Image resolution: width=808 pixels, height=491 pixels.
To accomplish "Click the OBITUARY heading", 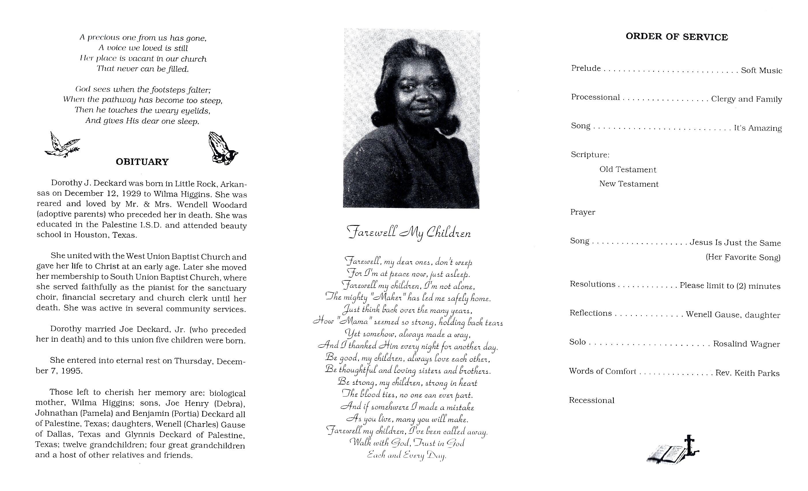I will coord(142,162).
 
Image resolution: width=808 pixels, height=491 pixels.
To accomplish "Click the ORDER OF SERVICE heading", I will coord(676,37).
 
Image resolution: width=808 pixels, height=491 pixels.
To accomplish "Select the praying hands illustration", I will coord(222,149).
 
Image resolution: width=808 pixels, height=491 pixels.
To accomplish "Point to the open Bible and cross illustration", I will coord(672,450).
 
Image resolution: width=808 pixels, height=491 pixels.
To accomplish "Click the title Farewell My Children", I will coord(409,233).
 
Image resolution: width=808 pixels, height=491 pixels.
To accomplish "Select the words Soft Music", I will coord(761,70).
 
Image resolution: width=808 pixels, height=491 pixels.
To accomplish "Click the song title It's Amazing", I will coord(757,128).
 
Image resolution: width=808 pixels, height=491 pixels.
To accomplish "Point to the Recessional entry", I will coord(591,400).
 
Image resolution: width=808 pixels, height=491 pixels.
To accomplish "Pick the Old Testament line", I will coord(628,170).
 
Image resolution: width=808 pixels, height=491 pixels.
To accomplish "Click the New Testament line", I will coord(629,184).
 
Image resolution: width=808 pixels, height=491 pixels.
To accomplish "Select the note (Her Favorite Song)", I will coord(743,257).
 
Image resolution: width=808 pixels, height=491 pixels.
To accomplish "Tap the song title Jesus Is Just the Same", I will coord(735,243).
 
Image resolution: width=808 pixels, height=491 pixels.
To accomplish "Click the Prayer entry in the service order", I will coord(582,212).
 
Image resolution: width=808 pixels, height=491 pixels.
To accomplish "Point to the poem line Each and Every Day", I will coord(407,455).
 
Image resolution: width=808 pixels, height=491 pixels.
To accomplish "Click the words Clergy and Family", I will coord(746,99).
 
